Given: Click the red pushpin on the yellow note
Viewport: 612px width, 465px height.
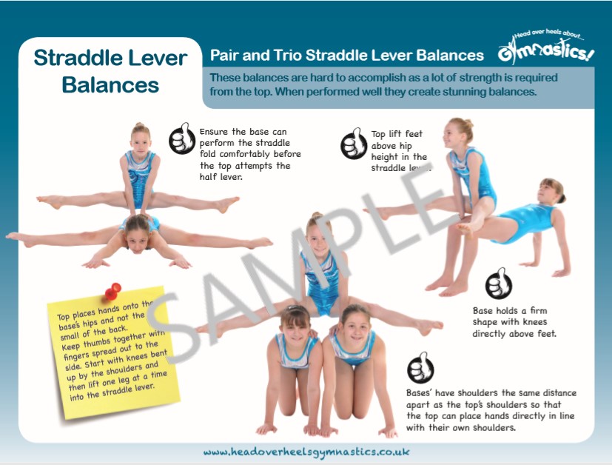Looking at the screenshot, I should click(113, 289).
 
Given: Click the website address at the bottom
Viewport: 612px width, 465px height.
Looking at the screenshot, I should click(306, 451).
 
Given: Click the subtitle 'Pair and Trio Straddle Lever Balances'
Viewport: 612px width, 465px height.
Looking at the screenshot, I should click(346, 56).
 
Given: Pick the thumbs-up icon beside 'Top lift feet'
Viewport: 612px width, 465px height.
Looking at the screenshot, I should click(354, 145).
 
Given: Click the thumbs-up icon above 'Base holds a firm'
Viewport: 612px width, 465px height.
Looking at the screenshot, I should click(499, 284).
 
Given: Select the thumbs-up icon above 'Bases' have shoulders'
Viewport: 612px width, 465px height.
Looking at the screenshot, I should click(420, 368).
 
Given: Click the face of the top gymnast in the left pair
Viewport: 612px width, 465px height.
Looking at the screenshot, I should click(140, 138).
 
